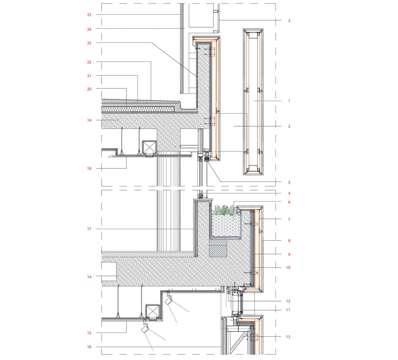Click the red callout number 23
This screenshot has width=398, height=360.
(89, 15)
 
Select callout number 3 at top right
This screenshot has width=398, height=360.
(289, 21)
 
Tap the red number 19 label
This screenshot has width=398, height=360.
(89, 120)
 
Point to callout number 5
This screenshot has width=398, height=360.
(289, 182)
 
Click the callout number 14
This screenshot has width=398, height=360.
(89, 277)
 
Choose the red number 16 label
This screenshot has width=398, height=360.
(89, 346)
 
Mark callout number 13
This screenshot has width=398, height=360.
(288, 337)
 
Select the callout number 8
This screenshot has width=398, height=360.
(289, 241)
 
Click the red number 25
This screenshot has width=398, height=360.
(89, 43)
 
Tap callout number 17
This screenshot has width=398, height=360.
(89, 229)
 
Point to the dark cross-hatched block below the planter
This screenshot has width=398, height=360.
(218, 248)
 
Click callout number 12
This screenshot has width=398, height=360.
(288, 301)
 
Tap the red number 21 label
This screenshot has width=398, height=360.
(89, 76)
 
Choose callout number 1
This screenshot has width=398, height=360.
(289, 101)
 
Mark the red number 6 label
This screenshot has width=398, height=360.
(289, 202)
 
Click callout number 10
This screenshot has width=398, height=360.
(288, 267)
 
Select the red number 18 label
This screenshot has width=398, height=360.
(89, 168)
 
